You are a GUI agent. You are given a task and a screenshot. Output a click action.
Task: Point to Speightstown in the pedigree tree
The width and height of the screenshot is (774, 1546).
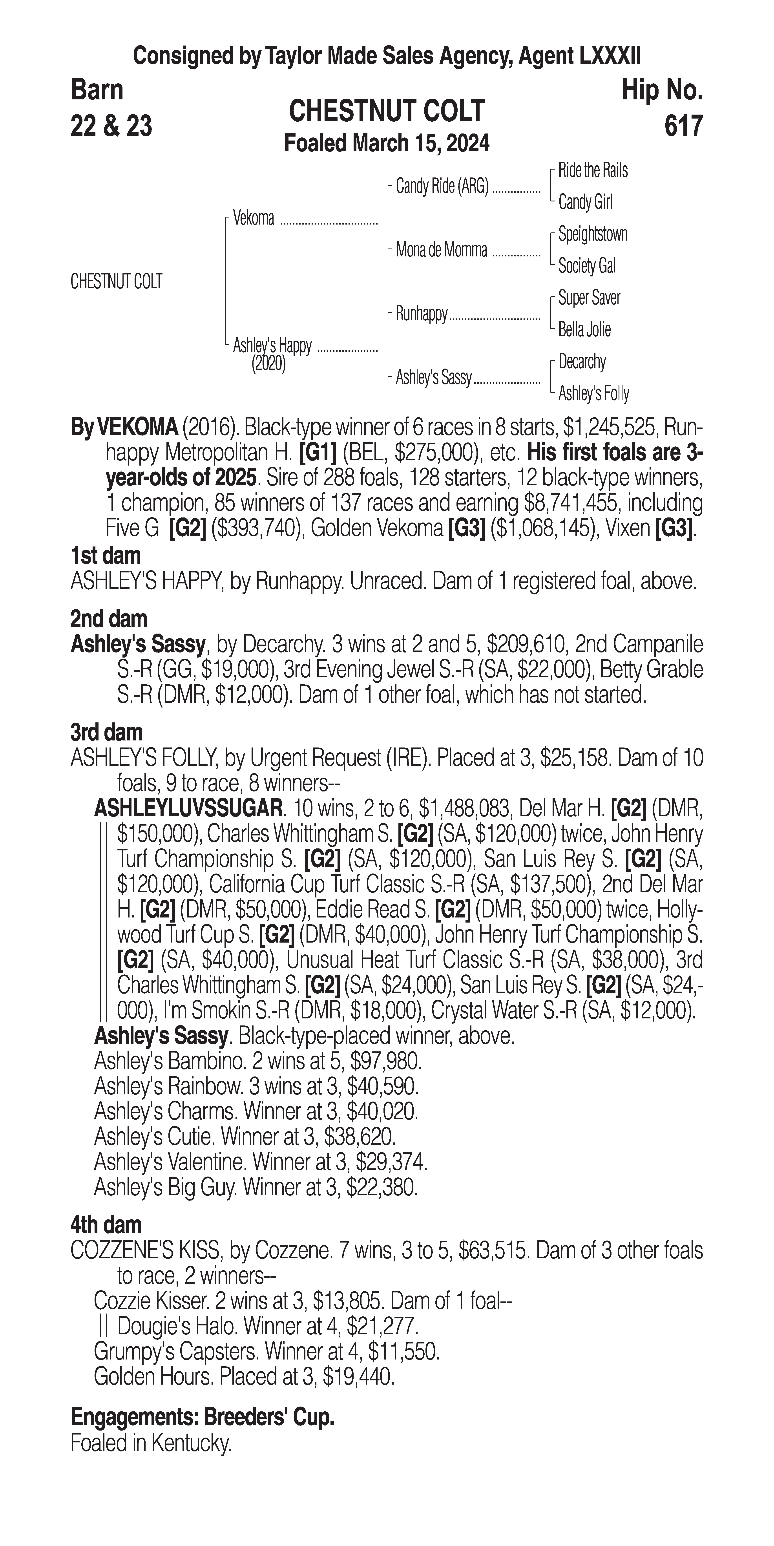(x=593, y=234)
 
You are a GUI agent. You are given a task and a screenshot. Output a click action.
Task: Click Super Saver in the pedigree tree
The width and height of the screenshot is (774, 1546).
(x=589, y=298)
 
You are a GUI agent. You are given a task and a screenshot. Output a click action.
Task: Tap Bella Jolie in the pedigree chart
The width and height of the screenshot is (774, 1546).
(x=584, y=329)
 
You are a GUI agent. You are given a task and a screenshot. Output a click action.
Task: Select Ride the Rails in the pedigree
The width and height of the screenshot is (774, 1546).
(x=593, y=170)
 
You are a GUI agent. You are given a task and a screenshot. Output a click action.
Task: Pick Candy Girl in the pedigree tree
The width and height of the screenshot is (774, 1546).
(x=585, y=202)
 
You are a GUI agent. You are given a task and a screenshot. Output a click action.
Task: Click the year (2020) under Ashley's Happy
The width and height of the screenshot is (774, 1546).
(x=268, y=364)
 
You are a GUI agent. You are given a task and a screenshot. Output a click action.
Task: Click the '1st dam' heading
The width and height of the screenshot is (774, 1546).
(x=106, y=556)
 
